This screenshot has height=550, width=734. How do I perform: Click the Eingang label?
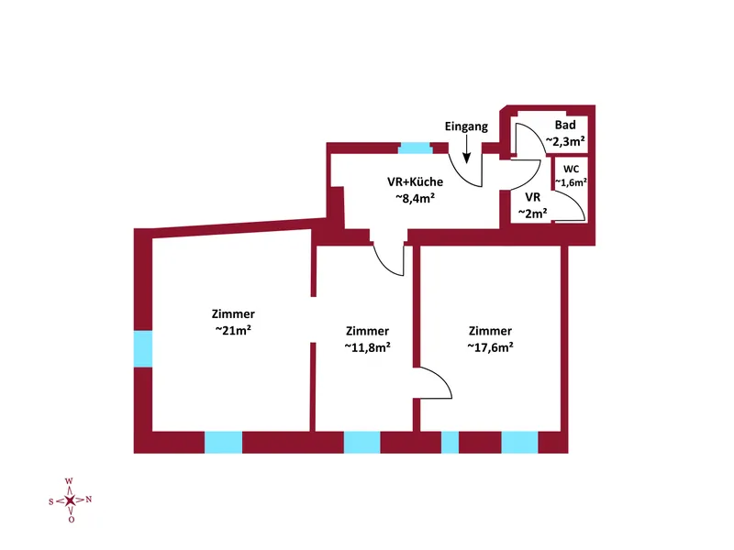click(466, 126)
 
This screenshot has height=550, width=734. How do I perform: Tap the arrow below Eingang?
click(467, 151)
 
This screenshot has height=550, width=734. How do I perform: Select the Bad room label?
click(565, 125)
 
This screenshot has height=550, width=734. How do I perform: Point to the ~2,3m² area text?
click(565, 141)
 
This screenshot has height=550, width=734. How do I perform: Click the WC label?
click(571, 169)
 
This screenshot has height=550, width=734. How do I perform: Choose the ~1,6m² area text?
click(571, 182)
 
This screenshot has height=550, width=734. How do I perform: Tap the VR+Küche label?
click(416, 181)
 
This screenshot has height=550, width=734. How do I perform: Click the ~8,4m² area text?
click(416, 198)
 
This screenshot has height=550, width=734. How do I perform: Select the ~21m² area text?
click(233, 330)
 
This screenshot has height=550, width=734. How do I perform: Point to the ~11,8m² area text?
click(368, 347)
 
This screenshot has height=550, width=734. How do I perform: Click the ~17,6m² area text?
click(490, 347)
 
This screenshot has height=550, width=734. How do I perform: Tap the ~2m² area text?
click(533, 214)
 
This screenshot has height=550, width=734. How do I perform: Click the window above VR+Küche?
click(416, 148)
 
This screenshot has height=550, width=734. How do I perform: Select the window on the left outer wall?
click(143, 349)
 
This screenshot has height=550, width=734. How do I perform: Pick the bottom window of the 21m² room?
click(223, 443)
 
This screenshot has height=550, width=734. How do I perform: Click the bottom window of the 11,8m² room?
click(361, 443)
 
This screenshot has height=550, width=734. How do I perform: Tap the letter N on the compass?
click(88, 500)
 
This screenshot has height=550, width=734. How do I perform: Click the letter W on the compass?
click(69, 480)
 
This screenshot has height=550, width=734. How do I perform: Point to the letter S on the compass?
click(51, 501)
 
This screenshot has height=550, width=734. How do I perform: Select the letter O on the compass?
click(72, 520)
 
